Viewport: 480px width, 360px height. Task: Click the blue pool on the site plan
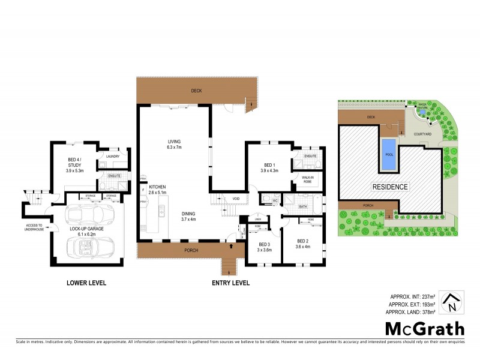point(388,155)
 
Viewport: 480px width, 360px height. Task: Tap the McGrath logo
point(424,328)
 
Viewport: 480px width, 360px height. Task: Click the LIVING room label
point(174,144)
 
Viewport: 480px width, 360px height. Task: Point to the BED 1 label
point(269,167)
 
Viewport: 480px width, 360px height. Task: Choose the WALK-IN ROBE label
point(308,179)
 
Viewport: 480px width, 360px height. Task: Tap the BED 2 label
point(303,242)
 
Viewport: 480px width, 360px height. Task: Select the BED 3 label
point(265,247)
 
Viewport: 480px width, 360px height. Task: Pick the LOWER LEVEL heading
point(87,283)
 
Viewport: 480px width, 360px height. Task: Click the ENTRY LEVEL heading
point(231,283)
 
